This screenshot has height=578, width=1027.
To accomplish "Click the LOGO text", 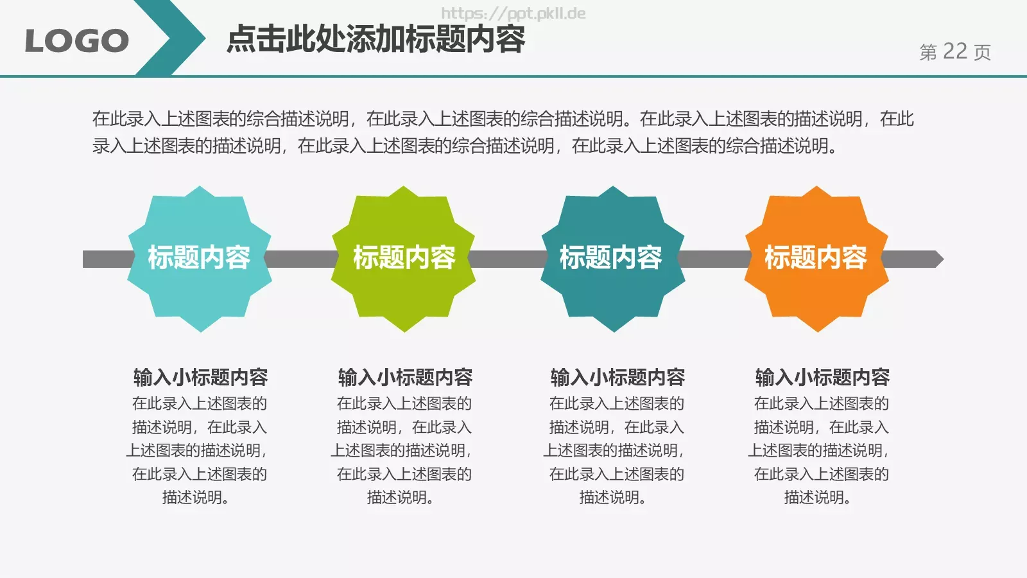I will coord(76,41).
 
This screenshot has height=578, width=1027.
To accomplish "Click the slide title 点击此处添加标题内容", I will coord(376,39).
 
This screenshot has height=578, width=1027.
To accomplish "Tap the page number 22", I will coord(954,51).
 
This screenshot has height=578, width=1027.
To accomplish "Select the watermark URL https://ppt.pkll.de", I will coord(513,13).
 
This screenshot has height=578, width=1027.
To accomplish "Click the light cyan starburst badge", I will coord(200,259).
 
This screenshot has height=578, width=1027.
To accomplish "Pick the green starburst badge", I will coord(403,259).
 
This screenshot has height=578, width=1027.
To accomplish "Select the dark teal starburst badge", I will coord(612,259).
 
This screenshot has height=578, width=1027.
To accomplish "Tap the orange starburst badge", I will coord(816,259).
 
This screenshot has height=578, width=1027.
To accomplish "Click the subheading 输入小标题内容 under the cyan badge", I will coord(200,377).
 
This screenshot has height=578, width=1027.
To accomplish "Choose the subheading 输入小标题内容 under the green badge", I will coord(405,377).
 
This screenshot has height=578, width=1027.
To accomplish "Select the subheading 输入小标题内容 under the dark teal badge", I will coord(617,377).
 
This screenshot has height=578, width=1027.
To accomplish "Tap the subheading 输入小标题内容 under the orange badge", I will coord(822,377).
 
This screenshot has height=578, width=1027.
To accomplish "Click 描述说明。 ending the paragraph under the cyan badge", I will coord(195,497).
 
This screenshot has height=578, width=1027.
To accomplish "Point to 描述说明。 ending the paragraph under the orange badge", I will coord(817,497).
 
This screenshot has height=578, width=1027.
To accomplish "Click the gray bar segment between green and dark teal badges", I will coord(508,259).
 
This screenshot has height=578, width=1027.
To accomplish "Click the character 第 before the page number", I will coord(928,52).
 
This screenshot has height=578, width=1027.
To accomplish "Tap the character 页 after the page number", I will coord(982,52).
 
